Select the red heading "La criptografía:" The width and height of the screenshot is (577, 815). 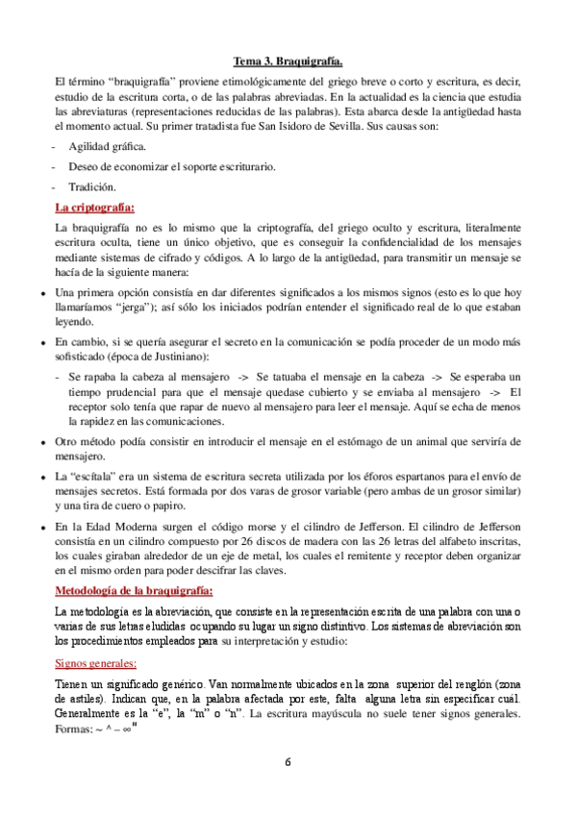click(x=94, y=208)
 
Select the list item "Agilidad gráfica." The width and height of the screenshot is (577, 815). click(x=108, y=147)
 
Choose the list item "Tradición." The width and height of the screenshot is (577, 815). click(x=92, y=187)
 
